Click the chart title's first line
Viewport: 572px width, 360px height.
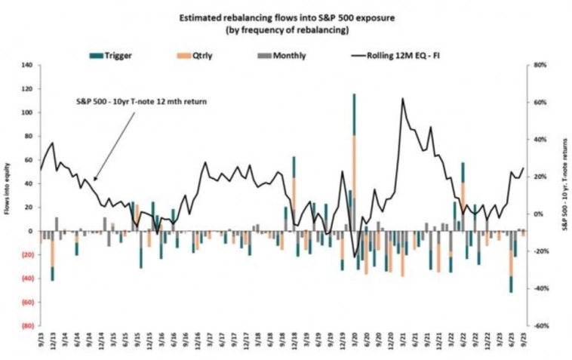(286, 17)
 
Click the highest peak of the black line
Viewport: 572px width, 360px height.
(403, 98)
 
